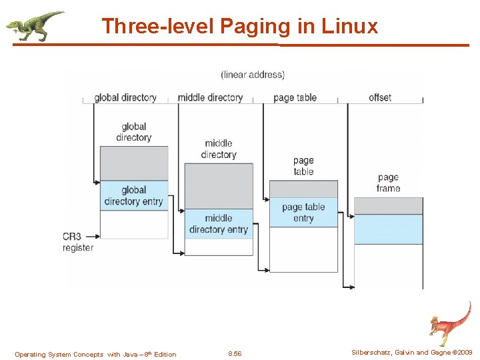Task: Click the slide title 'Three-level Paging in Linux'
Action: [x=239, y=26]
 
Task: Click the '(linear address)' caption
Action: [x=253, y=75]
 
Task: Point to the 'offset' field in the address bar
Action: [x=380, y=97]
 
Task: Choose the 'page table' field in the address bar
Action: [x=295, y=97]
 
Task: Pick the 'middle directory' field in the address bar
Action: [x=210, y=97]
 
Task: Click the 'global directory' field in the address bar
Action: [x=125, y=97]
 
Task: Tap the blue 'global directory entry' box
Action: [x=134, y=196]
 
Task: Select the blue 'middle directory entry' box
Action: [x=219, y=224]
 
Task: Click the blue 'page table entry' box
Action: [x=303, y=212]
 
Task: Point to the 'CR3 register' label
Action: [x=78, y=242]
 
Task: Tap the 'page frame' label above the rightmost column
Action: [x=388, y=183]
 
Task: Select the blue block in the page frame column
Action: [x=388, y=229]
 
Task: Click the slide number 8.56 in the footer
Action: [x=235, y=354]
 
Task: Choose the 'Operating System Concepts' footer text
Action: [x=95, y=354]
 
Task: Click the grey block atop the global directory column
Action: [x=134, y=163]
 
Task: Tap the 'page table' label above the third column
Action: [x=303, y=166]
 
